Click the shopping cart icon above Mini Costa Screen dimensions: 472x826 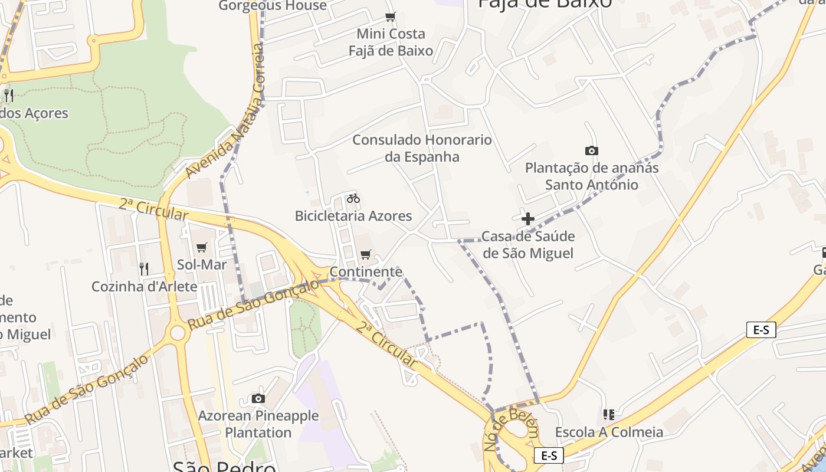(x=390, y=17)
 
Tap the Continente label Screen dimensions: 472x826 (x=366, y=272)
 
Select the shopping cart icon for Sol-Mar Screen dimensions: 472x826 (x=202, y=248)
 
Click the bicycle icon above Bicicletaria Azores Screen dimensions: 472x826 (x=353, y=198)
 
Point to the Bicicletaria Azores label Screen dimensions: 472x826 (x=353, y=216)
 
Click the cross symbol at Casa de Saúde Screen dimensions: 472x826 (x=528, y=219)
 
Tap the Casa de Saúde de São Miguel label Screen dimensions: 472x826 (x=528, y=245)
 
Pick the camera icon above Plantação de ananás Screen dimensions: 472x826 (x=591, y=151)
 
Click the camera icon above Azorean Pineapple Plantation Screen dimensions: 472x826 (x=258, y=399)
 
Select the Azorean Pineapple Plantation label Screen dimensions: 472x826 (x=258, y=424)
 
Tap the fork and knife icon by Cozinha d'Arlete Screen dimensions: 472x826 (x=144, y=269)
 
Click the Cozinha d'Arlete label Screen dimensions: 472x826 (x=145, y=287)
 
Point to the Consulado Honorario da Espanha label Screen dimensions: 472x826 (x=422, y=148)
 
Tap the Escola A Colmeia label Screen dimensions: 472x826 (x=609, y=432)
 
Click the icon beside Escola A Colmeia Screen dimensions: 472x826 (x=609, y=415)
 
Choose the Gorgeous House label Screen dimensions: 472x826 (x=273, y=6)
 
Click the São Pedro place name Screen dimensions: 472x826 (x=224, y=466)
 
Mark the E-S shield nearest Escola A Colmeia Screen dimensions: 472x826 (x=549, y=455)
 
